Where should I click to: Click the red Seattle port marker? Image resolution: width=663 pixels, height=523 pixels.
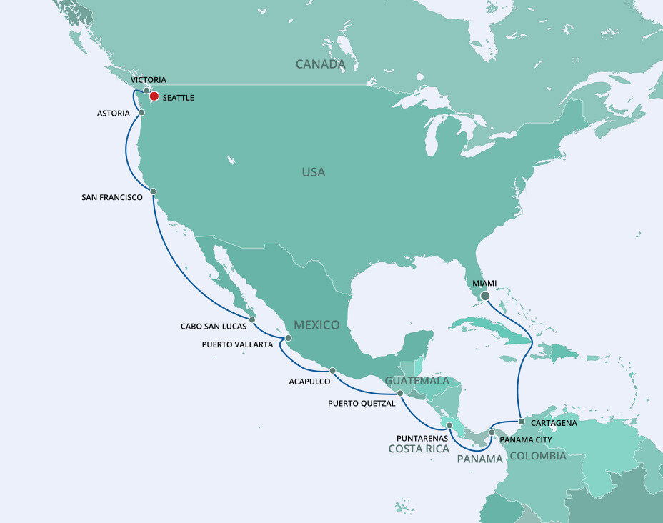pyautogui.click(x=154, y=96)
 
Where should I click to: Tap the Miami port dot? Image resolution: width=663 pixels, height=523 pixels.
pyautogui.click(x=485, y=295)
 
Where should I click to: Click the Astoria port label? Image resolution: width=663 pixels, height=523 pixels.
pyautogui.click(x=114, y=113)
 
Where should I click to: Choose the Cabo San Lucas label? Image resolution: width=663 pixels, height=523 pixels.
pyautogui.click(x=213, y=327)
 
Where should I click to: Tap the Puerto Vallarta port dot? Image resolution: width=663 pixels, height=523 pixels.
pyautogui.click(x=288, y=338)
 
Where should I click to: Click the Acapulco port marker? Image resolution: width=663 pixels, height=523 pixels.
pyautogui.click(x=332, y=370)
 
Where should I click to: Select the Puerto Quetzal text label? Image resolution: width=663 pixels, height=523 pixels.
pyautogui.click(x=362, y=404)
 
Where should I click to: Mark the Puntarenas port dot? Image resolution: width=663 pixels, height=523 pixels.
pyautogui.click(x=449, y=425)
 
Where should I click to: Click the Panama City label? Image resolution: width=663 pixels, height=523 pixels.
pyautogui.click(x=525, y=439)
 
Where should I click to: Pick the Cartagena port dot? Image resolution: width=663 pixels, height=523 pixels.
pyautogui.click(x=522, y=422)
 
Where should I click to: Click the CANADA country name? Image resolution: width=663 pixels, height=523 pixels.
pyautogui.click(x=321, y=64)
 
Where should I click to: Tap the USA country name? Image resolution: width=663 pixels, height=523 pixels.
pyautogui.click(x=313, y=172)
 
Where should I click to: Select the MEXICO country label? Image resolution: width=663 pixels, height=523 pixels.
pyautogui.click(x=316, y=325)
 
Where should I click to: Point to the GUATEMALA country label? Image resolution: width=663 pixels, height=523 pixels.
pyautogui.click(x=417, y=381)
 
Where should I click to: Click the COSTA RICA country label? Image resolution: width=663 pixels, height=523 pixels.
pyautogui.click(x=419, y=449)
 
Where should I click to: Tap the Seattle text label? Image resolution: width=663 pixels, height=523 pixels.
pyautogui.click(x=179, y=98)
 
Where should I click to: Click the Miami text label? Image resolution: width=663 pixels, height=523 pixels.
pyautogui.click(x=484, y=283)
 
